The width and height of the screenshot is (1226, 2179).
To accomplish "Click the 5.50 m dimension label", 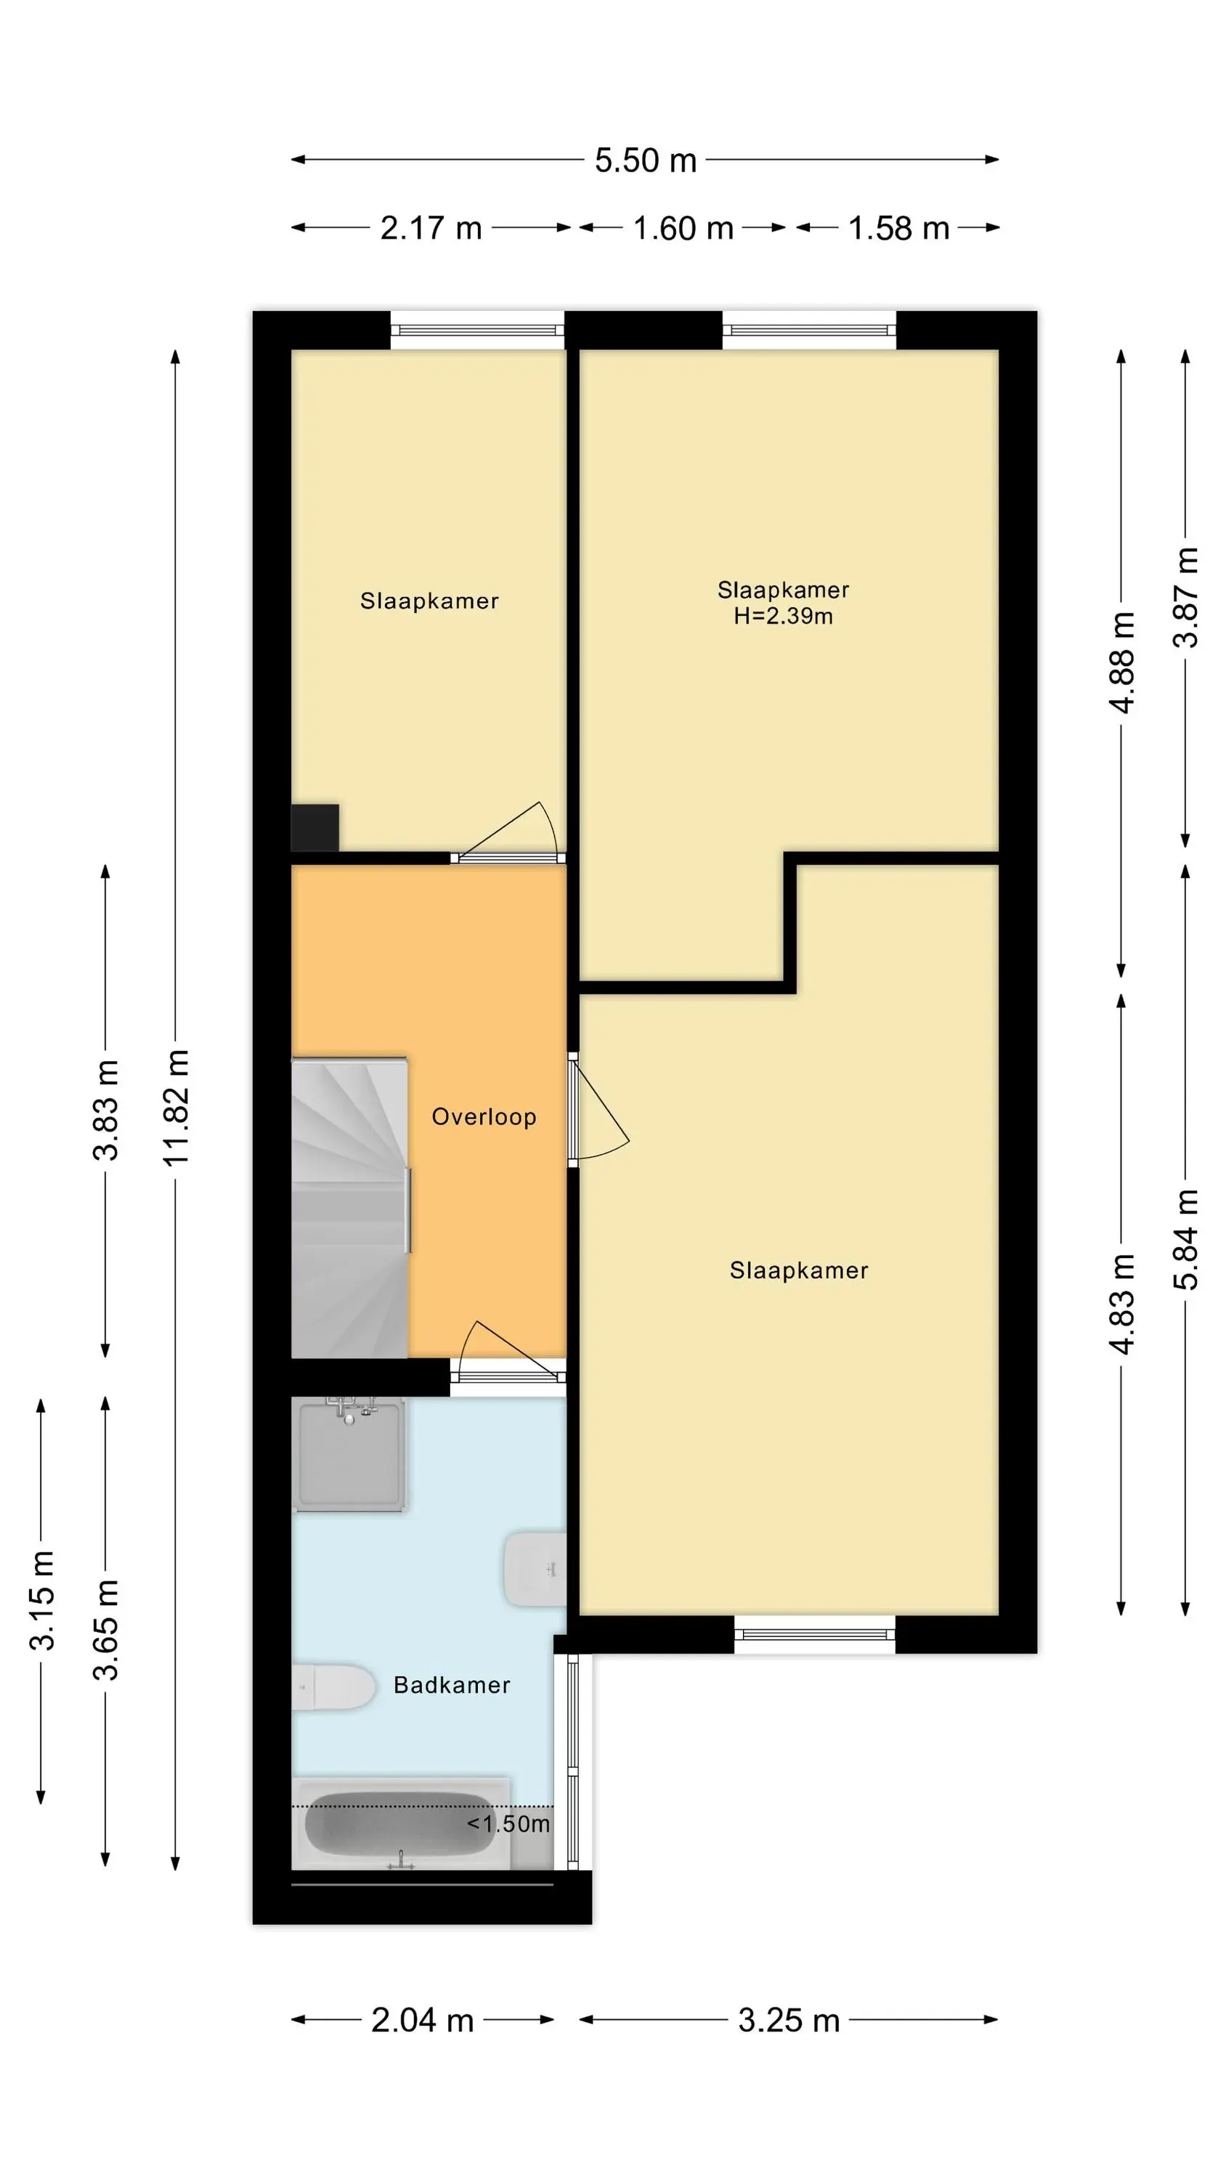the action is (x=645, y=160).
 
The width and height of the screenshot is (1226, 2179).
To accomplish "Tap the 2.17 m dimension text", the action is (x=431, y=228).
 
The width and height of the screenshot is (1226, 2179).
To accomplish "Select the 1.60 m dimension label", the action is (x=683, y=228).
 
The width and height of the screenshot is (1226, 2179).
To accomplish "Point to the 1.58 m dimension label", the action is (x=898, y=228).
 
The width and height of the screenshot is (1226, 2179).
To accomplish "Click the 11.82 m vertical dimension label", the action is (x=176, y=1107).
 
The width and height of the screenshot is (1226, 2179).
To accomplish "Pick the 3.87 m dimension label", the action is (x=1185, y=597).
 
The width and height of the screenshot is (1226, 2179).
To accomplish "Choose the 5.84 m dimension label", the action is (x=1185, y=1238).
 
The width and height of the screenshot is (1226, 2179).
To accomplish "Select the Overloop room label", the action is (x=484, y=1116).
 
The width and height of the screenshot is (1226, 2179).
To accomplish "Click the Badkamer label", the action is (x=452, y=1685).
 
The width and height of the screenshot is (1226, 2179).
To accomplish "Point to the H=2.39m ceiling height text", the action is (x=784, y=616).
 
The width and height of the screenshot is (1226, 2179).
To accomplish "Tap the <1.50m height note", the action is (x=508, y=1824).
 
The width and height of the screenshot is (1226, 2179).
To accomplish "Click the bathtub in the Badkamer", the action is (x=400, y=1824).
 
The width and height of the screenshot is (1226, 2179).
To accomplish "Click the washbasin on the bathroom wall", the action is (x=535, y=1569).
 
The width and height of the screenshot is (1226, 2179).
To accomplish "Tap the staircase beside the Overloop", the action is (x=349, y=1208).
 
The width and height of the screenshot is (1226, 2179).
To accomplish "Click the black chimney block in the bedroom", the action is (x=314, y=827).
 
